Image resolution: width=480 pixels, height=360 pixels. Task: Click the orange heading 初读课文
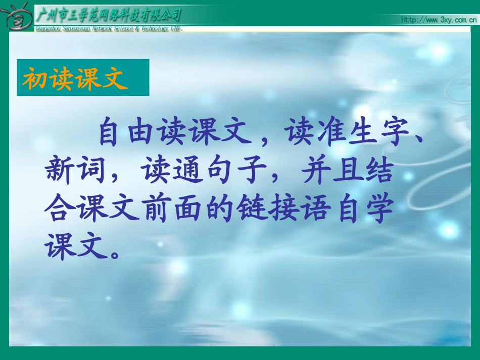[x=74, y=79]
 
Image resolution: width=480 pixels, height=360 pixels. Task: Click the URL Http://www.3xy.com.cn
[x=438, y=20]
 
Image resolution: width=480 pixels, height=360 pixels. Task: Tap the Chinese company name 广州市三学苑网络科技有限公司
[x=108, y=14]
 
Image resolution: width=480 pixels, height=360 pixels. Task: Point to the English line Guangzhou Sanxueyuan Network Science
[x=108, y=29]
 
